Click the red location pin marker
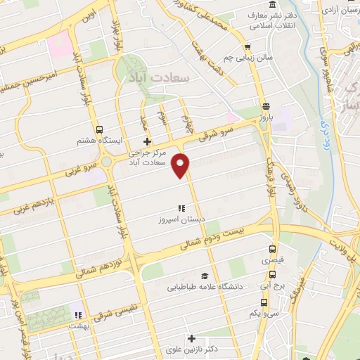182,165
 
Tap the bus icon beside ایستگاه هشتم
100,129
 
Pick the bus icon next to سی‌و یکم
263,302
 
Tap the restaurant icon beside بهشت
77,315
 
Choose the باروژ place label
264,117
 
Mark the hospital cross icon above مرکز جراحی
146,143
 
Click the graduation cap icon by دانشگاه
204,276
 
